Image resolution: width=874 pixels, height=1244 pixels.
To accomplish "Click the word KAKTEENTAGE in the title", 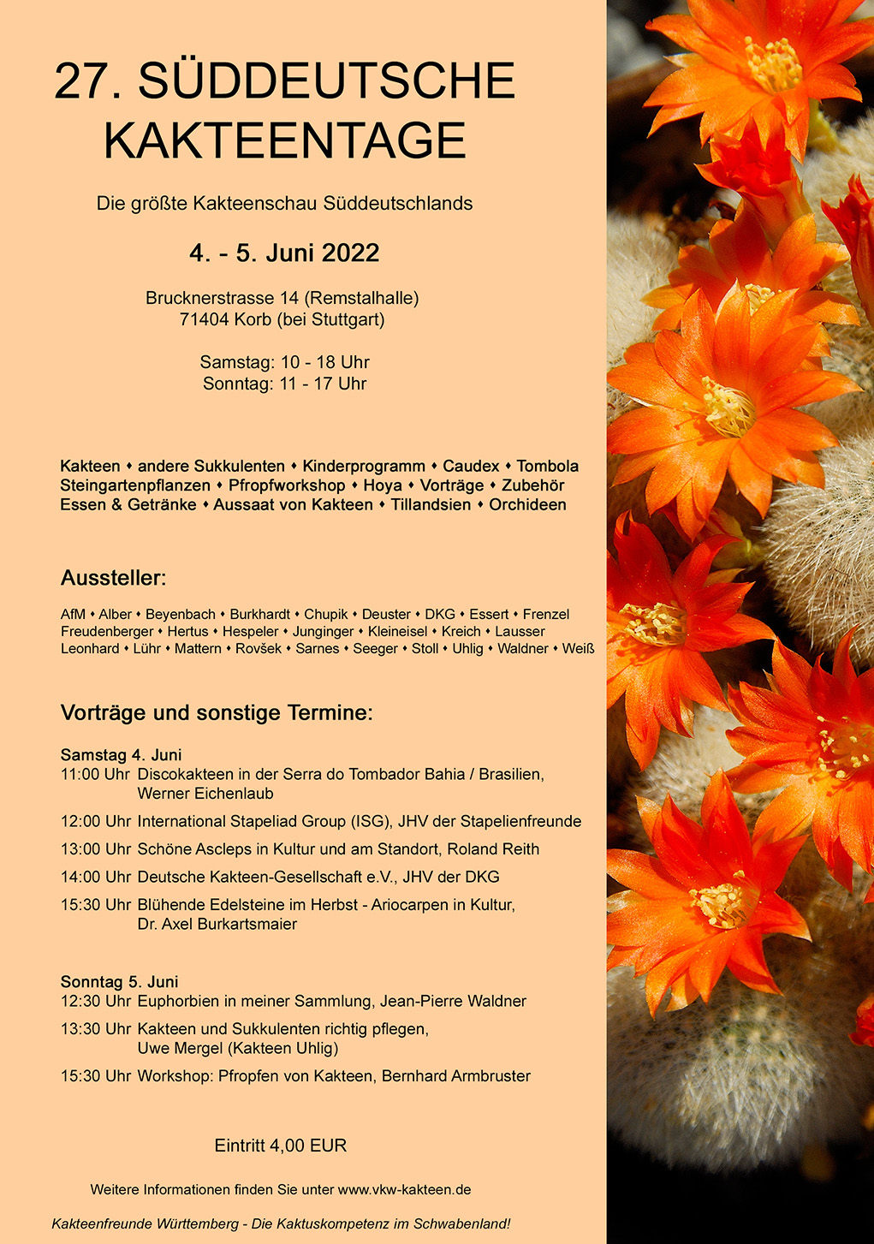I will click(x=284, y=141).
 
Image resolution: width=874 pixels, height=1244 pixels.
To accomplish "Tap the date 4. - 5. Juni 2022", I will click(x=284, y=253).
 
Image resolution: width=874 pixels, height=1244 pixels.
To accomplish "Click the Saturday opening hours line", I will click(x=284, y=362).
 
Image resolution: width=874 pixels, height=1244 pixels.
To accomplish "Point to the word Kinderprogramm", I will click(x=364, y=467).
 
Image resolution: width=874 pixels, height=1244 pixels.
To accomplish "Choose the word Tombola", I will click(x=548, y=467).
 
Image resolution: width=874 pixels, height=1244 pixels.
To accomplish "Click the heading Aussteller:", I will click(x=113, y=579).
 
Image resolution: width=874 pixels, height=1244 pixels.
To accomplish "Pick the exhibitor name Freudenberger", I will click(x=107, y=632).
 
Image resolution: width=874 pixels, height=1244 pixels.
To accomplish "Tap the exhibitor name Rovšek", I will click(x=259, y=649).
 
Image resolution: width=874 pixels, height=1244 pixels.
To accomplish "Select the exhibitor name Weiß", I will click(x=578, y=649).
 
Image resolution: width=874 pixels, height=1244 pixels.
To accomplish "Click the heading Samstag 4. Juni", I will click(x=121, y=755).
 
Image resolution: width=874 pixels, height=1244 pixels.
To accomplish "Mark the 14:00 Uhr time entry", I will click(x=96, y=878).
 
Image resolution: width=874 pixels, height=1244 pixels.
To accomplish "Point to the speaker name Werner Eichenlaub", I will click(x=205, y=794).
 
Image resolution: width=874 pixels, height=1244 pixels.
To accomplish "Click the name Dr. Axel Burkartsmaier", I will click(x=217, y=925).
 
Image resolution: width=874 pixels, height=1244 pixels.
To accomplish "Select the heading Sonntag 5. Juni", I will click(x=119, y=982).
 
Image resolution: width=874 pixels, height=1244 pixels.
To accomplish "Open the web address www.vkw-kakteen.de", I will click(x=404, y=1190).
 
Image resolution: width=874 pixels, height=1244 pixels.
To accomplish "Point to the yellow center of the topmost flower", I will click(x=773, y=64).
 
